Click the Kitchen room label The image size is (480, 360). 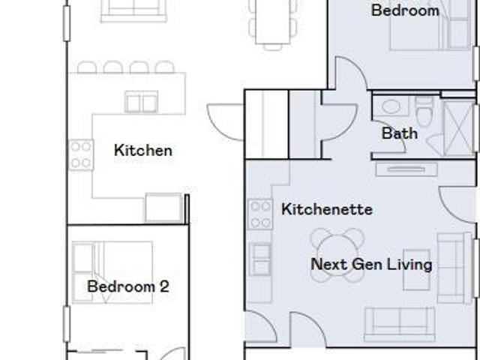(143, 150)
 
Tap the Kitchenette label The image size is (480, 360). (327, 209)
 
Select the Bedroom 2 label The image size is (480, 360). (128, 286)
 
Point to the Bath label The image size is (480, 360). (400, 133)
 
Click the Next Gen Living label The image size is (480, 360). (371, 264)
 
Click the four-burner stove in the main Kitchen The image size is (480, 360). (81, 154)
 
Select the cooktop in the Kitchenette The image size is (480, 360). (260, 214)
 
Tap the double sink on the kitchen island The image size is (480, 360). (142, 102)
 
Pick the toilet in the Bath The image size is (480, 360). (424, 112)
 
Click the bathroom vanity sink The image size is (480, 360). (391, 106)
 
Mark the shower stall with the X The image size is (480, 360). (459, 128)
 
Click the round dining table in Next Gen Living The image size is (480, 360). (337, 255)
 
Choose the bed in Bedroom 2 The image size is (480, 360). (112, 272)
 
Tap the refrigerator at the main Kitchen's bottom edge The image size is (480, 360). (164, 207)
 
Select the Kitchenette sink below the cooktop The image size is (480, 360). (260, 259)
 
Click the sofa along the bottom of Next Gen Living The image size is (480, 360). (400, 325)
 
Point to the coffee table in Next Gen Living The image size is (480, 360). (417, 270)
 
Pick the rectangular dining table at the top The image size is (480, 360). (272, 22)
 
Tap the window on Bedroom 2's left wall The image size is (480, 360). (67, 324)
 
